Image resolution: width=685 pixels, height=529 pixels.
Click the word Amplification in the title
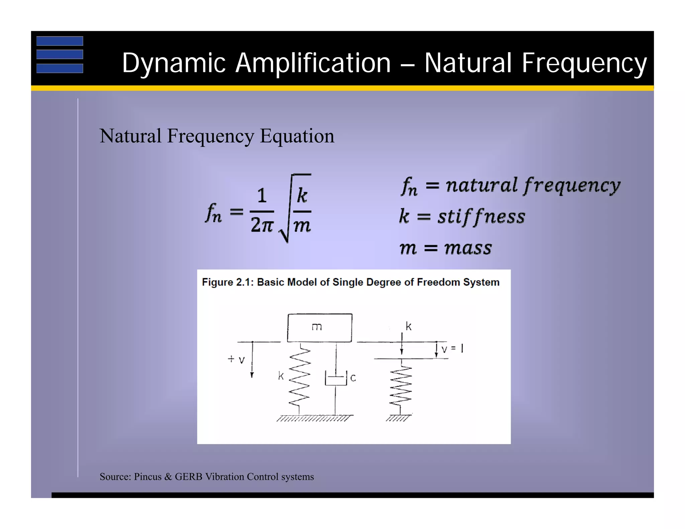313,63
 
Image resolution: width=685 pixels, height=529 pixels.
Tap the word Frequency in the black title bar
584,63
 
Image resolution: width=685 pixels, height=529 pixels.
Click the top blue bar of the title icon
60,41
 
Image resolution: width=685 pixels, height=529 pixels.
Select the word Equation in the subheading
297,136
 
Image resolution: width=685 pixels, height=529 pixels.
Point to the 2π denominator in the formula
262,225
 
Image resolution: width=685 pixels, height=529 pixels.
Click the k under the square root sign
302,195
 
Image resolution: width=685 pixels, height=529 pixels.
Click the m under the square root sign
302,226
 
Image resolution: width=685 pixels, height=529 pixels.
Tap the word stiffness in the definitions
481,216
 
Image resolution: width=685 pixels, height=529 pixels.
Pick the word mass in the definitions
468,248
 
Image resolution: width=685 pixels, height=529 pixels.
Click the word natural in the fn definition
481,185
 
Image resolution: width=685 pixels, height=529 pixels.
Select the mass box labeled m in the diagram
319,327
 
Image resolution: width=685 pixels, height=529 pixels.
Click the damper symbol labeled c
336,379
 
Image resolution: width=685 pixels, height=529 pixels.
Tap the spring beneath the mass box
300,376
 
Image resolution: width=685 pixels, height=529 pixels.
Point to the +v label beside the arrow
236,359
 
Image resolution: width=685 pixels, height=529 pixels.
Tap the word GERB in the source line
189,477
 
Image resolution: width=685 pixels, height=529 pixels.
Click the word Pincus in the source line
148,477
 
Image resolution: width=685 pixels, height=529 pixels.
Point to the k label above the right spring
408,326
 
